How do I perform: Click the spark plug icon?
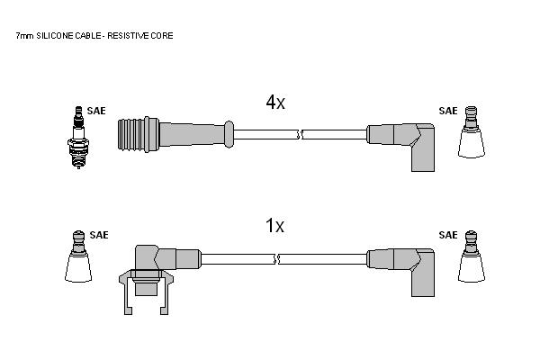pyautogui.click(x=78, y=137)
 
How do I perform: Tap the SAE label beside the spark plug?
pyautogui.click(x=96, y=111)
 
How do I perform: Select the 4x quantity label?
pyautogui.click(x=275, y=102)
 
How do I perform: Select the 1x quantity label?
pyautogui.click(x=274, y=226)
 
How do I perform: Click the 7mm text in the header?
pyautogui.click(x=24, y=36)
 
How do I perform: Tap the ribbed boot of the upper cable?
pyautogui.click(x=139, y=134)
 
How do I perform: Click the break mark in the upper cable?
pyautogui.click(x=300, y=134)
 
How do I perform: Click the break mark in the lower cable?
pyautogui.click(x=276, y=259)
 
